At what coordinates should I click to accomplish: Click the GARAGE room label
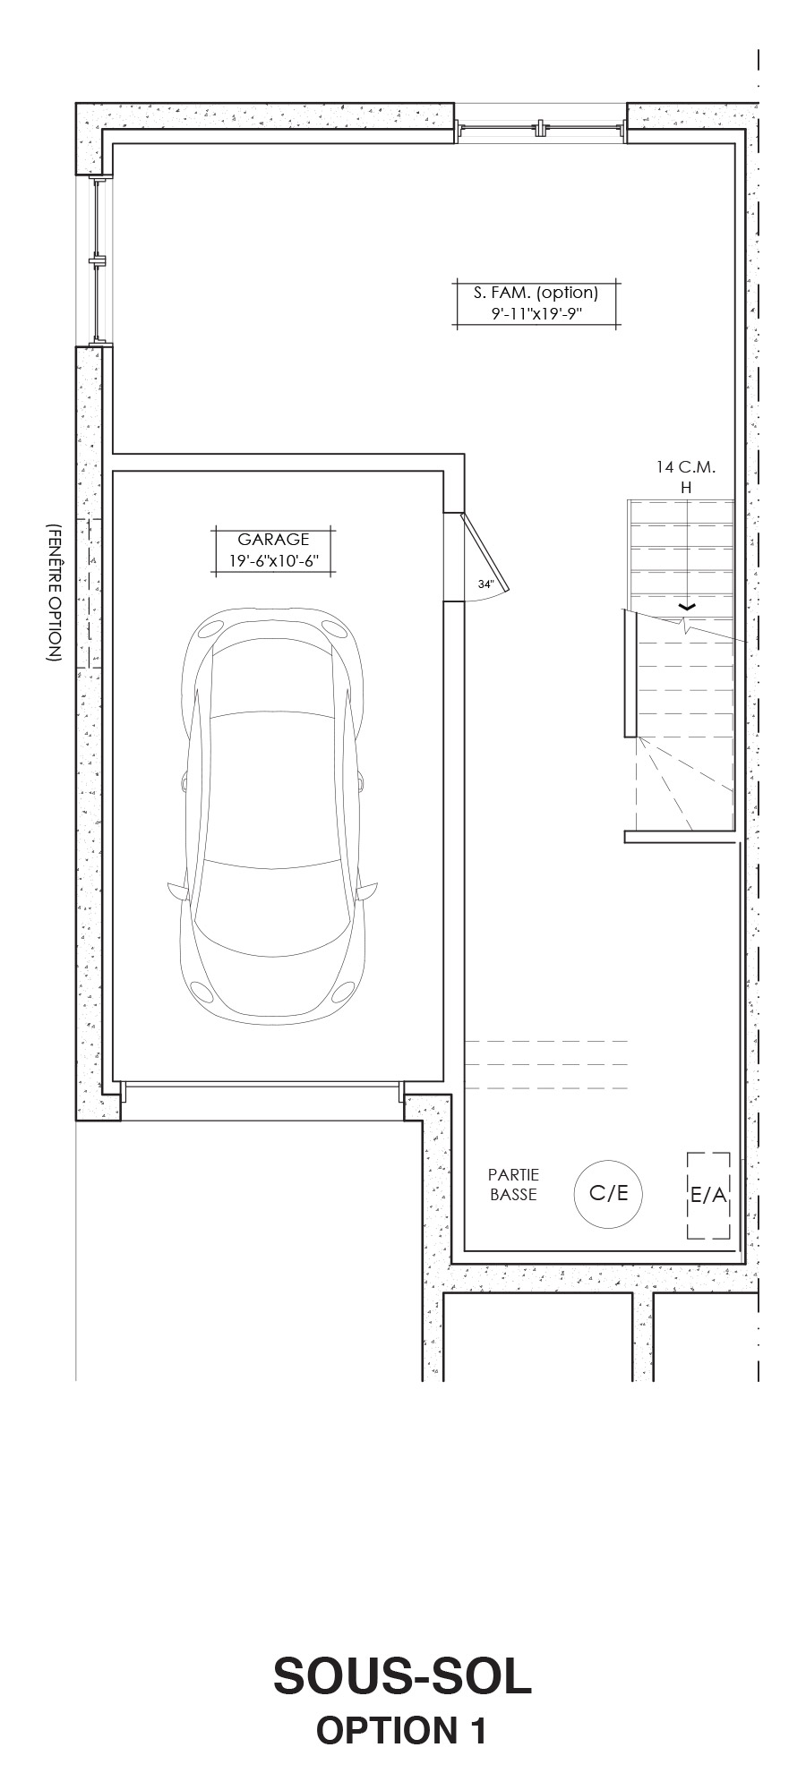click(x=273, y=540)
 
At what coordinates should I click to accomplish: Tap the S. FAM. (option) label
click(x=536, y=292)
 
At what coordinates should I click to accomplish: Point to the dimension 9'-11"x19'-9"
click(x=536, y=314)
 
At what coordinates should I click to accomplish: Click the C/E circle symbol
click(x=608, y=1193)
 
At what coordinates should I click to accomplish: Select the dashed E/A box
click(x=708, y=1196)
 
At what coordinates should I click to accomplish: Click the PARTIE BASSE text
click(x=513, y=1185)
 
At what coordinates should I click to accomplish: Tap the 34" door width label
click(x=486, y=584)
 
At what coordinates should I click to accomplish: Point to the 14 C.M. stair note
click(x=686, y=467)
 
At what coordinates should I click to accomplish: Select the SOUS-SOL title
click(x=402, y=1677)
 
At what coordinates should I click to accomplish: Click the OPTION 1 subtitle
click(x=401, y=1731)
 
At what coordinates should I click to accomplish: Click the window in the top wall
click(x=541, y=129)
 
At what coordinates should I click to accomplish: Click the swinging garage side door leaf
click(x=484, y=552)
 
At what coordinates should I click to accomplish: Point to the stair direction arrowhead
click(x=687, y=607)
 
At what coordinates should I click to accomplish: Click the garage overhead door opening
click(x=262, y=1087)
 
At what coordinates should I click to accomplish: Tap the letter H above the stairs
click(x=687, y=488)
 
